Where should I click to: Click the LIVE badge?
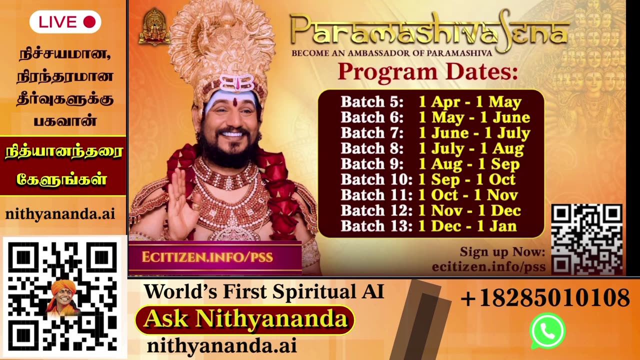65,22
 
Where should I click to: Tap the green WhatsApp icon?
547,330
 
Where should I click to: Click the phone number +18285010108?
544,298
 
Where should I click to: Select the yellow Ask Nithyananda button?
244,319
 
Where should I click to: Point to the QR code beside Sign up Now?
586,239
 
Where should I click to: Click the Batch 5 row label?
372,102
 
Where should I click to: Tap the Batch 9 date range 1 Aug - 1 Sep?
469,164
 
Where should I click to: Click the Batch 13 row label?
376,226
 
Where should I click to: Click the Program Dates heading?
427,72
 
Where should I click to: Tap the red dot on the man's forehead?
234,101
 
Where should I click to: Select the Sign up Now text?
502,251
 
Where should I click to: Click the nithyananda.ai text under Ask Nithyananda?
221,345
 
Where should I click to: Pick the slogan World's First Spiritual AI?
264,291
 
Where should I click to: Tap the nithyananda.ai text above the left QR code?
60,214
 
